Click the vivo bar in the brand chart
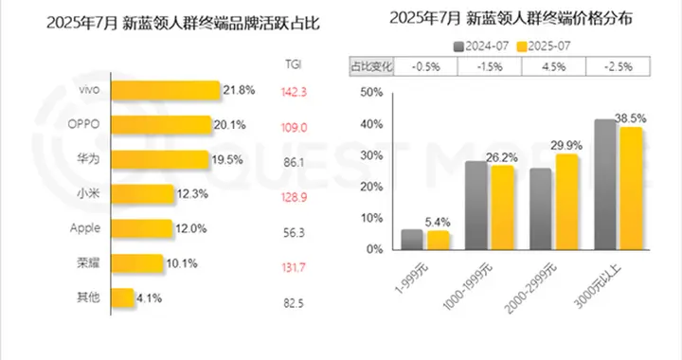coord(165,89)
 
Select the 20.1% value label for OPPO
coord(229,125)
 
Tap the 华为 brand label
coord(88,159)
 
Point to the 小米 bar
coord(142,194)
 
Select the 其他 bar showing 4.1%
coord(122,298)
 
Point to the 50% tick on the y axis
coord(370,92)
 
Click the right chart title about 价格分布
coord(516,16)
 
